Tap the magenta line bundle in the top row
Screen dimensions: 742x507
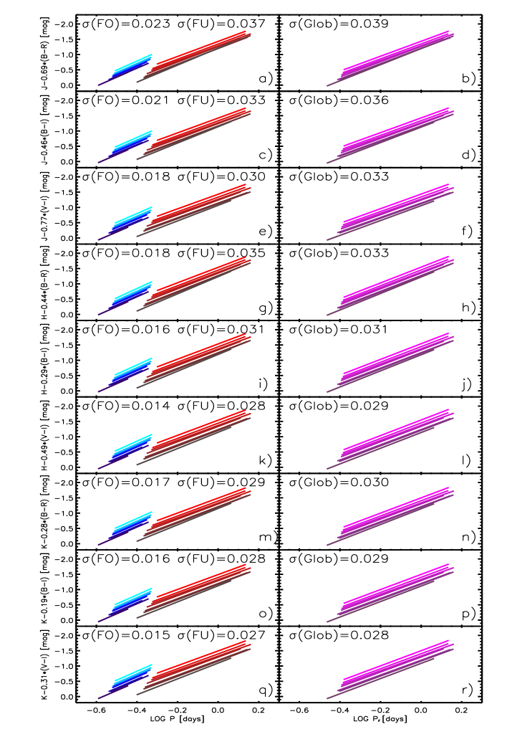(x=394, y=55)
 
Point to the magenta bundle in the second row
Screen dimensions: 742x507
(x=394, y=132)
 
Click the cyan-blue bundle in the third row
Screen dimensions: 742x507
(x=129, y=220)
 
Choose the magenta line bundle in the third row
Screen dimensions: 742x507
(x=394, y=209)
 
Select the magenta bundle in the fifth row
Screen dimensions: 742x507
(x=394, y=361)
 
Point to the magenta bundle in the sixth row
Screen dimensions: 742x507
(x=394, y=437)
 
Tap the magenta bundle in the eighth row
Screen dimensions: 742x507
(x=394, y=591)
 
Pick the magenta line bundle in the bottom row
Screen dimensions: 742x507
(x=394, y=667)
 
